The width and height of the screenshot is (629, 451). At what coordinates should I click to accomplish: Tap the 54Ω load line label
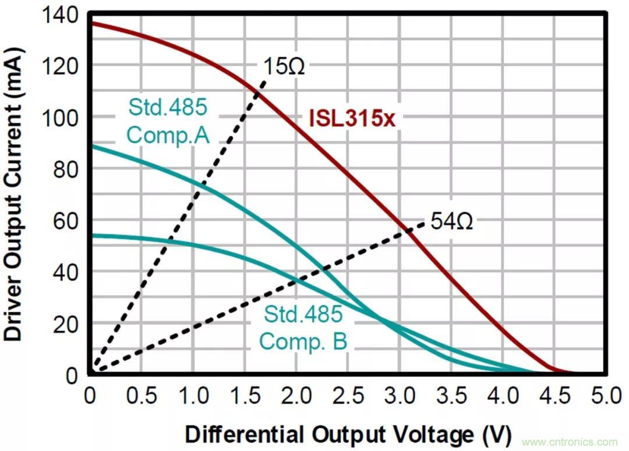point(451,221)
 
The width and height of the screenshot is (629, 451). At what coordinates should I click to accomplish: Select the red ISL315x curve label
point(352,119)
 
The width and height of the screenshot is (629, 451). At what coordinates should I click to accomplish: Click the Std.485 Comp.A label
point(168,121)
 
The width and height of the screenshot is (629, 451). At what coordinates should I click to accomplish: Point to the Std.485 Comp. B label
point(303,327)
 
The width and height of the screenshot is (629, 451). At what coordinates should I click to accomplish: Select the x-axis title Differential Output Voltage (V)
point(348,434)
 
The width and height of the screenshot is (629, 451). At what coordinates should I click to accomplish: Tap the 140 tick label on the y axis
point(61,15)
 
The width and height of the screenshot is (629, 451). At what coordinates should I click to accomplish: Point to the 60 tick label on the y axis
point(66,221)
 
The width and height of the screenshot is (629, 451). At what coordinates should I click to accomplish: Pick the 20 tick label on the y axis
point(66,324)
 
